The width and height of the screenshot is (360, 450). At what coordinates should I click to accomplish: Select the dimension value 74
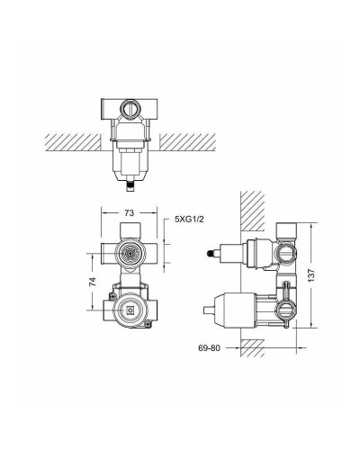pos(93,281)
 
